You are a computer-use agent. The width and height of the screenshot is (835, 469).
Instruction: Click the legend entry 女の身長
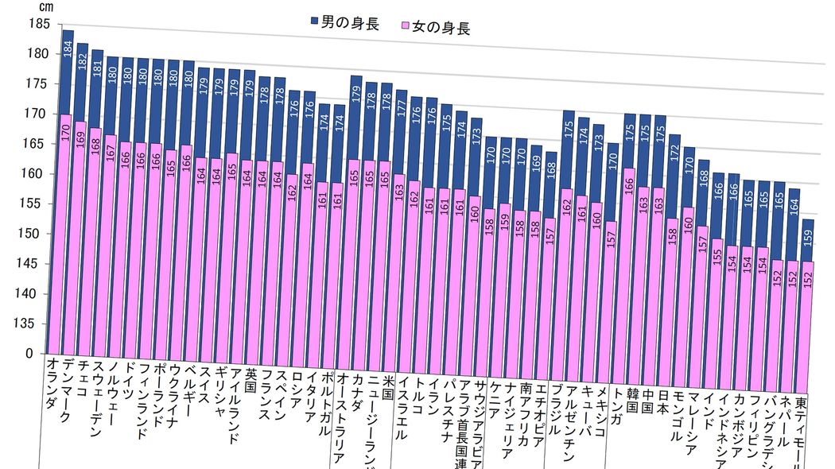[437, 29]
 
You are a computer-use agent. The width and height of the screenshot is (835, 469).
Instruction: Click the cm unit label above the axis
[44, 7]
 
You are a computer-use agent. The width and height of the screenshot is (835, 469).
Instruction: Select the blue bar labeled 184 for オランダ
[67, 72]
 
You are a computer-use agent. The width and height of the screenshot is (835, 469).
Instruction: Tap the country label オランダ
[52, 382]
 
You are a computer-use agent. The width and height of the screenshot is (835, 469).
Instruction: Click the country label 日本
[662, 406]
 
